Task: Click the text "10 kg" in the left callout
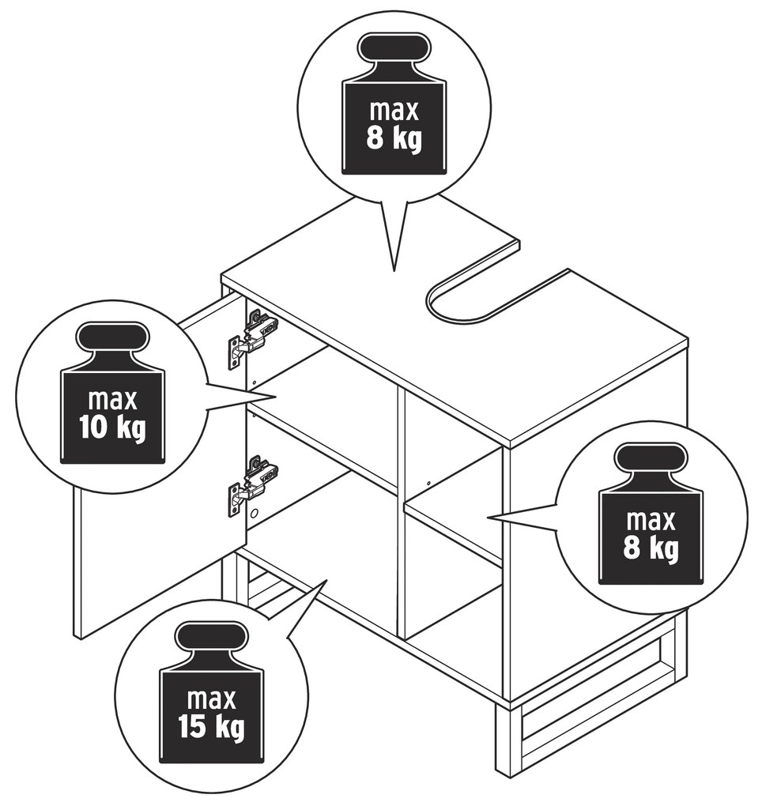(112, 428)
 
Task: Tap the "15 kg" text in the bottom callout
(211, 727)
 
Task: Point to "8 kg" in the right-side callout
(651, 548)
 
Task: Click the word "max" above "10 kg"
(112, 399)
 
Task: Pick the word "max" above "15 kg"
(212, 699)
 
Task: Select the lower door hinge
(252, 486)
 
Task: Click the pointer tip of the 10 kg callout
(277, 397)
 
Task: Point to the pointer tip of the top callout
(394, 271)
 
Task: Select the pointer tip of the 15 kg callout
(327, 580)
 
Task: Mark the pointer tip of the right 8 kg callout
(488, 517)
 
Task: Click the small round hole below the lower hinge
(254, 513)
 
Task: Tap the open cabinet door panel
(160, 465)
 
